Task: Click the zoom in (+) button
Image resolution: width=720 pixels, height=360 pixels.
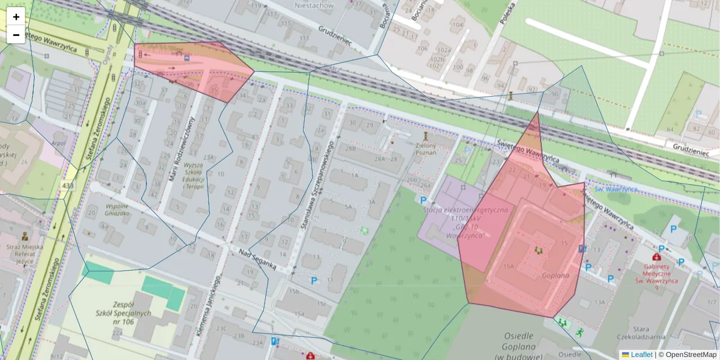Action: (16, 17)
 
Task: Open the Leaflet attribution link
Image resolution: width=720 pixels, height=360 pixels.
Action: (637, 355)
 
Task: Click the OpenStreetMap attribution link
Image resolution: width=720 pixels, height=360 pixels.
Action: (687, 355)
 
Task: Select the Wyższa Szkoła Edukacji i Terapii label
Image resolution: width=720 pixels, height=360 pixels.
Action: (194, 175)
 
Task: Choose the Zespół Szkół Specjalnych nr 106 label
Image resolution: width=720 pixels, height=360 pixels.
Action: (122, 313)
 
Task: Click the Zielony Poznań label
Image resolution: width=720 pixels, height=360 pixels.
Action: (425, 148)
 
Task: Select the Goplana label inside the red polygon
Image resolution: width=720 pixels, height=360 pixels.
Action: (555, 275)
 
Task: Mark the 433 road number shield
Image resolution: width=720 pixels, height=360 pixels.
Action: (68, 187)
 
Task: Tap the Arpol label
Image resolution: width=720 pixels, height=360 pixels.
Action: (58, 143)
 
